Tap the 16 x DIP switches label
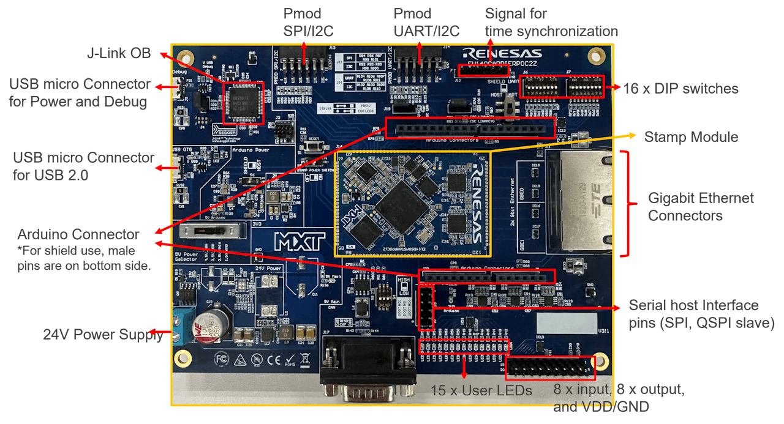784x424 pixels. click(680, 89)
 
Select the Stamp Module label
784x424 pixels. click(691, 136)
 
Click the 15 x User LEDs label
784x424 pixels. click(481, 390)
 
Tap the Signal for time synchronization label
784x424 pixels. click(551, 23)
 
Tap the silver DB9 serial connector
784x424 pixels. click(366, 371)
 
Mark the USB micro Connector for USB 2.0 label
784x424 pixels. click(84, 166)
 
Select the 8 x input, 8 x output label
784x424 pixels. click(619, 398)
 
